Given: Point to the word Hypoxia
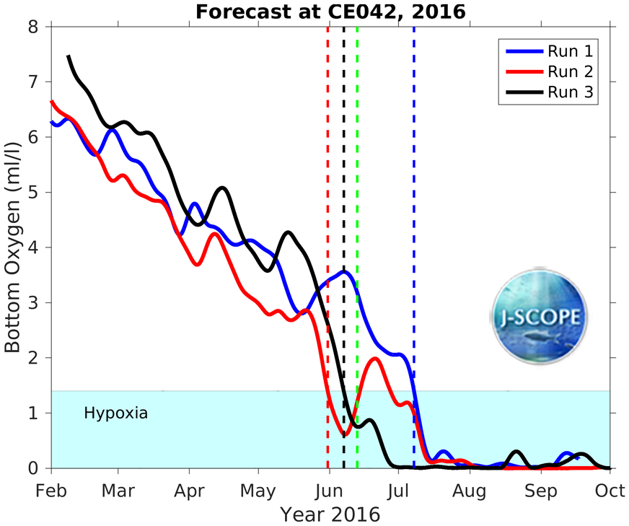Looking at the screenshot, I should pos(115,414).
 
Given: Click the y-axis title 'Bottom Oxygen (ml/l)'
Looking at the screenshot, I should pos(12,246).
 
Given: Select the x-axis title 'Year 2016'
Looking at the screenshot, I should pos(330,515).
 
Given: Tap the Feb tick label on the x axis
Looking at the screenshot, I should pos(51,491).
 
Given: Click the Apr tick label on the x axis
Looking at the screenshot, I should pos(188,491).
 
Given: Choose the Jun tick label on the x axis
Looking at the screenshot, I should pos(329,491).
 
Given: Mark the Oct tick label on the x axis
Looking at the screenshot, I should pos(610,491).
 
